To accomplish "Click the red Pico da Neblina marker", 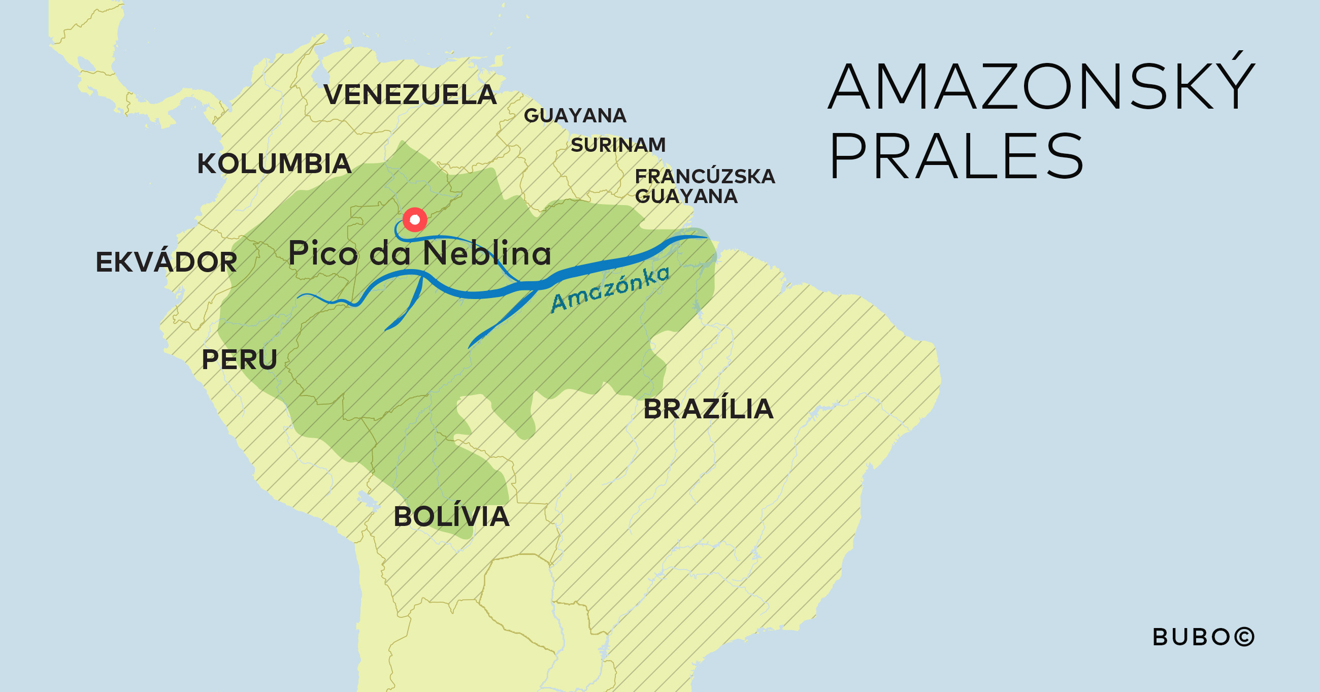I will (415, 220).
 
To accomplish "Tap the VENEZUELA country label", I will (410, 95).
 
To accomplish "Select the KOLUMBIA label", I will (274, 164).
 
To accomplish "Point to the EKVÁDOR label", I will (166, 262).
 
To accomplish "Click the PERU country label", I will (239, 360).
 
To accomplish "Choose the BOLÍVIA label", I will (451, 517).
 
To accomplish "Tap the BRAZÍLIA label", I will (708, 409).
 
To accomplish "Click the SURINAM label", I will (618, 145).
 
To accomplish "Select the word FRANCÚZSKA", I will (705, 176).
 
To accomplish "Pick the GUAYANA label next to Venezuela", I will (575, 116).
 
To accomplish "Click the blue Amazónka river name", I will (610, 289).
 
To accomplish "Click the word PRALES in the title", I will (956, 156).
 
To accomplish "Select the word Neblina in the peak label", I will (487, 253).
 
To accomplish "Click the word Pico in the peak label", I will (323, 253).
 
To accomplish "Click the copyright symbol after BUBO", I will (1244, 637).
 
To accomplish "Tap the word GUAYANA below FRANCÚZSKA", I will (685, 196).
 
